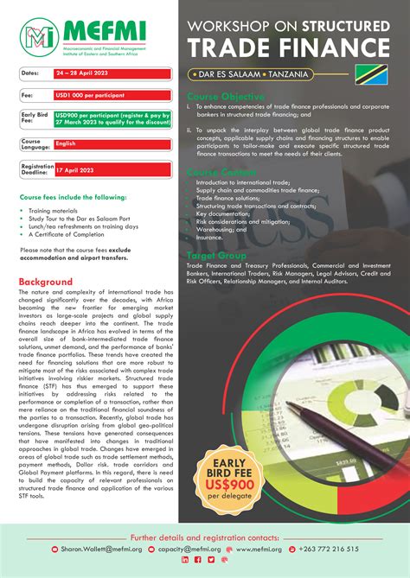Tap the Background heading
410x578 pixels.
point(46,282)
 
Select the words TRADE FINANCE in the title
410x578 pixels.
point(290,46)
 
